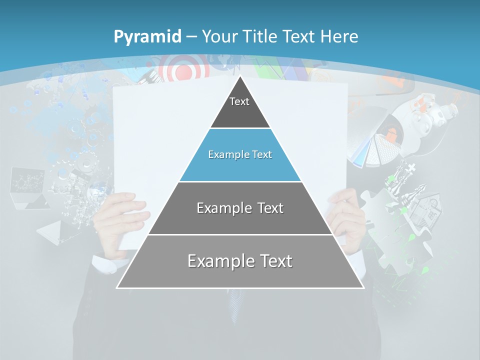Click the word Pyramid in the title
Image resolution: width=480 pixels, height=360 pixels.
click(147, 37)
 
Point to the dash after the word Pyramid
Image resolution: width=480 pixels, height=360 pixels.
click(191, 37)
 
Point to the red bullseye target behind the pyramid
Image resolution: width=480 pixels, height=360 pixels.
click(184, 70)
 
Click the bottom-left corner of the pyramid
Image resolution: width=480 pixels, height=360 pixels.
click(117, 287)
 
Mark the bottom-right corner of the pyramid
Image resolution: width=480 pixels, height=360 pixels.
click(363, 287)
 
